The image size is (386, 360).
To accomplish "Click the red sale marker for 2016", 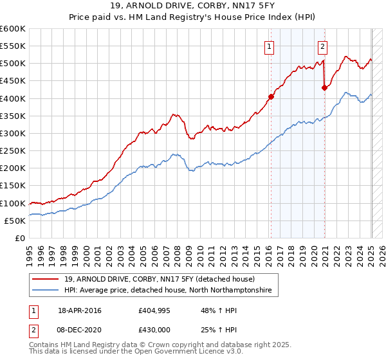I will pyautogui.click(x=271, y=97).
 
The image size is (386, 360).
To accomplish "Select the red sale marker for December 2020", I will pyautogui.click(x=324, y=88).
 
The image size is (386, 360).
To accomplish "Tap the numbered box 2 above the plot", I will pyautogui.click(x=322, y=46).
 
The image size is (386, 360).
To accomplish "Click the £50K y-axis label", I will pyautogui.click(x=15, y=221).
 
